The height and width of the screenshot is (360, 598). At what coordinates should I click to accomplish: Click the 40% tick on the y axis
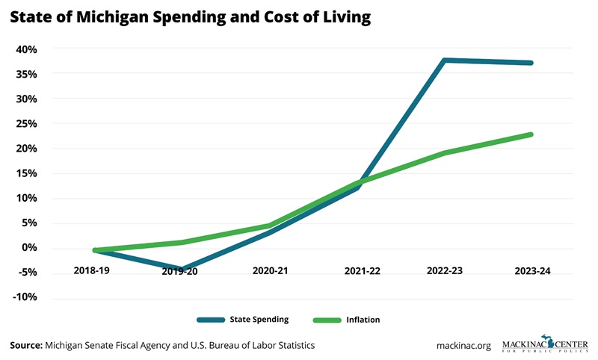pyautogui.click(x=26, y=49)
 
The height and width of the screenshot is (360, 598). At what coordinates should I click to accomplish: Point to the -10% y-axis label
pyautogui.click(x=24, y=297)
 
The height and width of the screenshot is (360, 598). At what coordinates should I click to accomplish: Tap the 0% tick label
pyautogui.click(x=28, y=248)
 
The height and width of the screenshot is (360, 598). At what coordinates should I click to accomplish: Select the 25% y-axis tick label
pyautogui.click(x=26, y=124)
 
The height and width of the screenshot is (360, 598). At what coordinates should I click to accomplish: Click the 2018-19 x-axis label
pyautogui.click(x=91, y=271)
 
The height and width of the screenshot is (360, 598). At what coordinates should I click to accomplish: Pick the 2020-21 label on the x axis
pyautogui.click(x=270, y=271)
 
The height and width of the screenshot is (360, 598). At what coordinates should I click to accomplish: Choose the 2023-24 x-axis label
pyautogui.click(x=533, y=271)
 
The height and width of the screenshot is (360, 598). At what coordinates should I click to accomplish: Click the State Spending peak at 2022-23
pyautogui.click(x=445, y=60)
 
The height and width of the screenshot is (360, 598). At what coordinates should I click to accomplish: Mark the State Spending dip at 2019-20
pyautogui.click(x=180, y=269)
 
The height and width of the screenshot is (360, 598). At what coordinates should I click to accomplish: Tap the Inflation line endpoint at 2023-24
pyautogui.click(x=531, y=134)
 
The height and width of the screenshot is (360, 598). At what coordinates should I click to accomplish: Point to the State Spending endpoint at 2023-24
pyautogui.click(x=531, y=63)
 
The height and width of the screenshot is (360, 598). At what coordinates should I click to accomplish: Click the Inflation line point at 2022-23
pyautogui.click(x=445, y=153)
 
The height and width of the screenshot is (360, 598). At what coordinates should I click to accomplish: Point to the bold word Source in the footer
pyautogui.click(x=25, y=345)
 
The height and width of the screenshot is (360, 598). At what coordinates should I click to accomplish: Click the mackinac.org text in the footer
pyautogui.click(x=463, y=345)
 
